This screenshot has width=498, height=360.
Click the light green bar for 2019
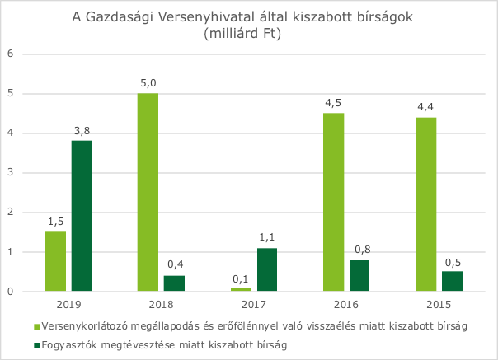[55, 261]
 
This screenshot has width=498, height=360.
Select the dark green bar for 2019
[82, 216]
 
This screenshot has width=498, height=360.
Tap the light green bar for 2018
[148, 192]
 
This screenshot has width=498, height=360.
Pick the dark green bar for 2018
[174, 283]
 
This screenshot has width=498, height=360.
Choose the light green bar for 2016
[333, 202]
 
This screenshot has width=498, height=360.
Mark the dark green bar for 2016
[359, 275]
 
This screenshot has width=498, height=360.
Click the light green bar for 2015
[425, 204]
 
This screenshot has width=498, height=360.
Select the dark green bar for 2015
[452, 281]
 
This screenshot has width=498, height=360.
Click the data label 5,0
[148, 83]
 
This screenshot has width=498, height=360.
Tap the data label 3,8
[82, 131]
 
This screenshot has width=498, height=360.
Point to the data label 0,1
[240, 278]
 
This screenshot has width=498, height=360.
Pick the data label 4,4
[425, 107]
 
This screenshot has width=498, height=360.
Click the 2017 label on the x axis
[253, 303]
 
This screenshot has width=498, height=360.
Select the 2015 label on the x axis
[439, 303]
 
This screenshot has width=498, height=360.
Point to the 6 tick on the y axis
[12, 54]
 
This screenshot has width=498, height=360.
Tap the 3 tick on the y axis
[12, 173]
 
